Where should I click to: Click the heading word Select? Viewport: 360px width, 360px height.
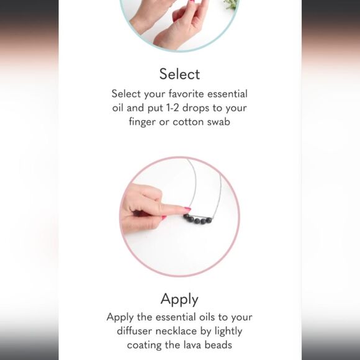(x=179, y=74)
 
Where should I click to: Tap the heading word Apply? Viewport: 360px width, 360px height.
(x=179, y=299)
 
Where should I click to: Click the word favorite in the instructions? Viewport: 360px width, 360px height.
(x=186, y=94)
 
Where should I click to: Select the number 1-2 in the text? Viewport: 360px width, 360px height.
(x=172, y=107)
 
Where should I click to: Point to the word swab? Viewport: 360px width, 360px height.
(x=218, y=122)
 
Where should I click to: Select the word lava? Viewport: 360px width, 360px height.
(x=192, y=345)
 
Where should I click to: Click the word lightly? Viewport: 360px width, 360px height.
(x=228, y=331)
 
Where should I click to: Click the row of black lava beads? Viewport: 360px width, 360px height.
(x=197, y=219)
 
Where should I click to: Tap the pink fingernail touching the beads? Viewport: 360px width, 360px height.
(x=187, y=209)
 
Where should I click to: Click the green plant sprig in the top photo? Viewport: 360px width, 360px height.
(x=232, y=4)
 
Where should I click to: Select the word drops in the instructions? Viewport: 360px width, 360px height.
(x=196, y=108)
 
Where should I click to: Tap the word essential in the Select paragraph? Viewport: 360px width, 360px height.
(x=228, y=94)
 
